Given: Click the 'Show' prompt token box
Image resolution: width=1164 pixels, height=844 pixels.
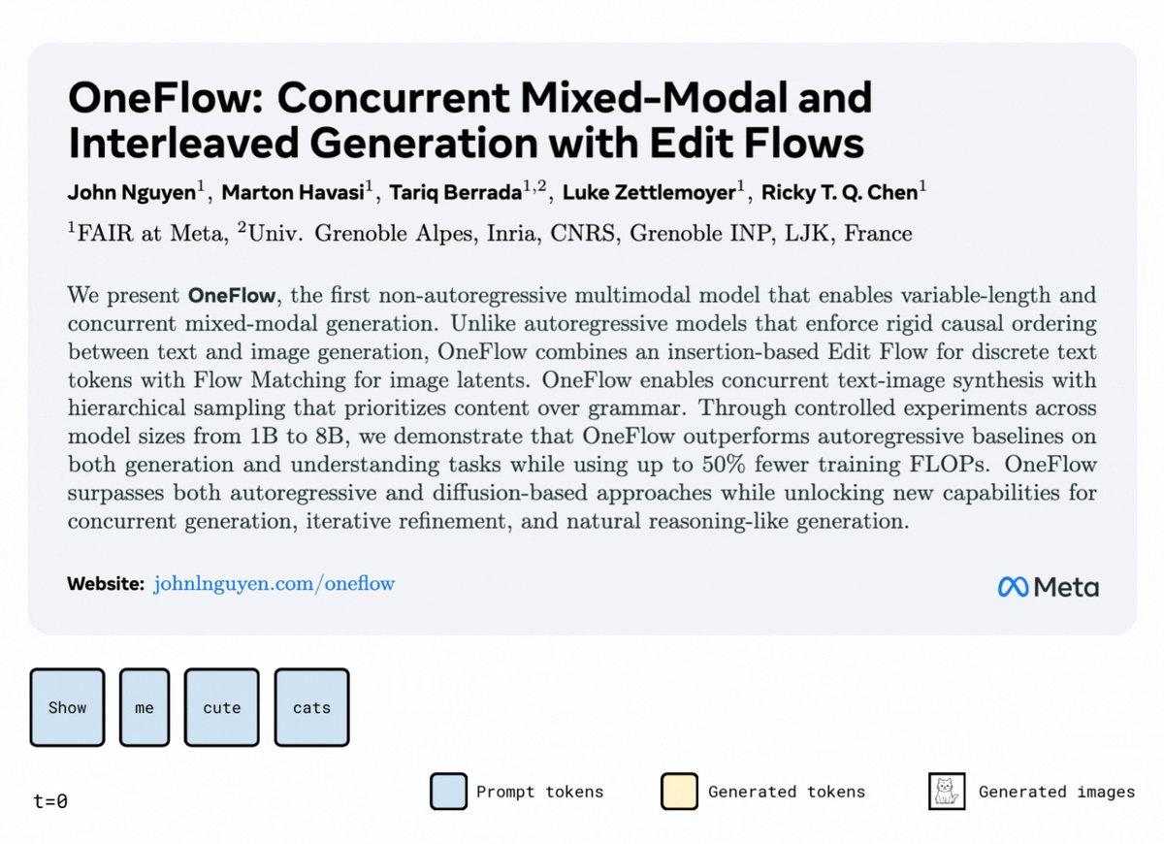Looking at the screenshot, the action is (x=67, y=707).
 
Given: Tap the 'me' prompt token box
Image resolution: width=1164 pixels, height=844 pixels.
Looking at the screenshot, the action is (x=145, y=707).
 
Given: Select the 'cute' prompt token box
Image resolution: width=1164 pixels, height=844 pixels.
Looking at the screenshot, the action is (x=221, y=707).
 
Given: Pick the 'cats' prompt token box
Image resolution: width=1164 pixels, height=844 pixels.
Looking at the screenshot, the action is (x=311, y=707).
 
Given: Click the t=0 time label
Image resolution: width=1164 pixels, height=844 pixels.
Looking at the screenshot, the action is (x=50, y=801).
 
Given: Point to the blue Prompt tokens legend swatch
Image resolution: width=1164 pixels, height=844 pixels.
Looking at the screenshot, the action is (x=448, y=792).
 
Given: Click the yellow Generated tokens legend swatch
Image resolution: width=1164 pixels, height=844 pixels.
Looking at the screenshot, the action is (x=679, y=792).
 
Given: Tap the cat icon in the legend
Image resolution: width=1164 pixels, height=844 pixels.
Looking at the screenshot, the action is (x=947, y=792).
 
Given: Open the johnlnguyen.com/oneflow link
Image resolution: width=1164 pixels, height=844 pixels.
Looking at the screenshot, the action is (x=274, y=584).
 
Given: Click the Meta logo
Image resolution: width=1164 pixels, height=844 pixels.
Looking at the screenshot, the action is (x=1049, y=587).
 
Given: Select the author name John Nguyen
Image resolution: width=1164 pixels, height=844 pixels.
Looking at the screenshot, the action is (x=132, y=193).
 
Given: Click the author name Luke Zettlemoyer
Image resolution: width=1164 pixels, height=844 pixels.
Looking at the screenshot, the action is (x=650, y=192).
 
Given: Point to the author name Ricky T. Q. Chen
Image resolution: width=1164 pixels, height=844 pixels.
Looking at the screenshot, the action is (x=840, y=192).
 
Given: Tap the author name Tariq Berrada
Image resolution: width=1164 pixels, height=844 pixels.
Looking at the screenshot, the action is (x=456, y=192).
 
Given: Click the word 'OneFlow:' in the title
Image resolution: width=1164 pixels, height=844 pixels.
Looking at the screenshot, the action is (x=167, y=98).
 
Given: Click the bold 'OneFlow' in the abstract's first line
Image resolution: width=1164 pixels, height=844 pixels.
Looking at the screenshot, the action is (x=232, y=295).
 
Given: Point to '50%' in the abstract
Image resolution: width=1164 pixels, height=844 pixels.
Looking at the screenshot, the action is (x=725, y=464).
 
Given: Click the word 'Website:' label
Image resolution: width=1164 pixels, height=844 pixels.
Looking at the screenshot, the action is (x=106, y=584).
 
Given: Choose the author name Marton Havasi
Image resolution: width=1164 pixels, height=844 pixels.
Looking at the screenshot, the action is (x=293, y=192).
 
